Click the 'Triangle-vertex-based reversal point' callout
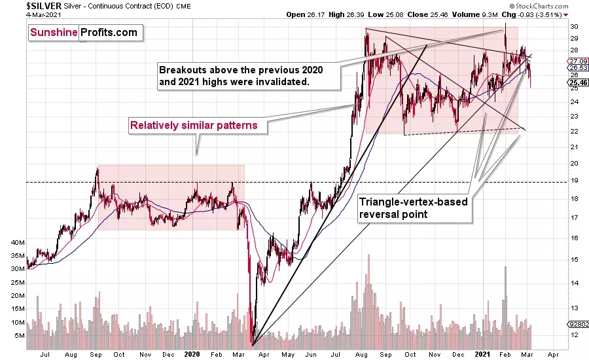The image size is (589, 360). (414, 207)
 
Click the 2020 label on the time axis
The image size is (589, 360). (192, 353)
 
